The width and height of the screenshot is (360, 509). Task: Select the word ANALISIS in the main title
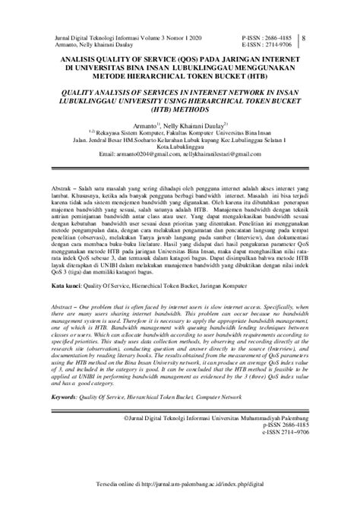click(x=76, y=59)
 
